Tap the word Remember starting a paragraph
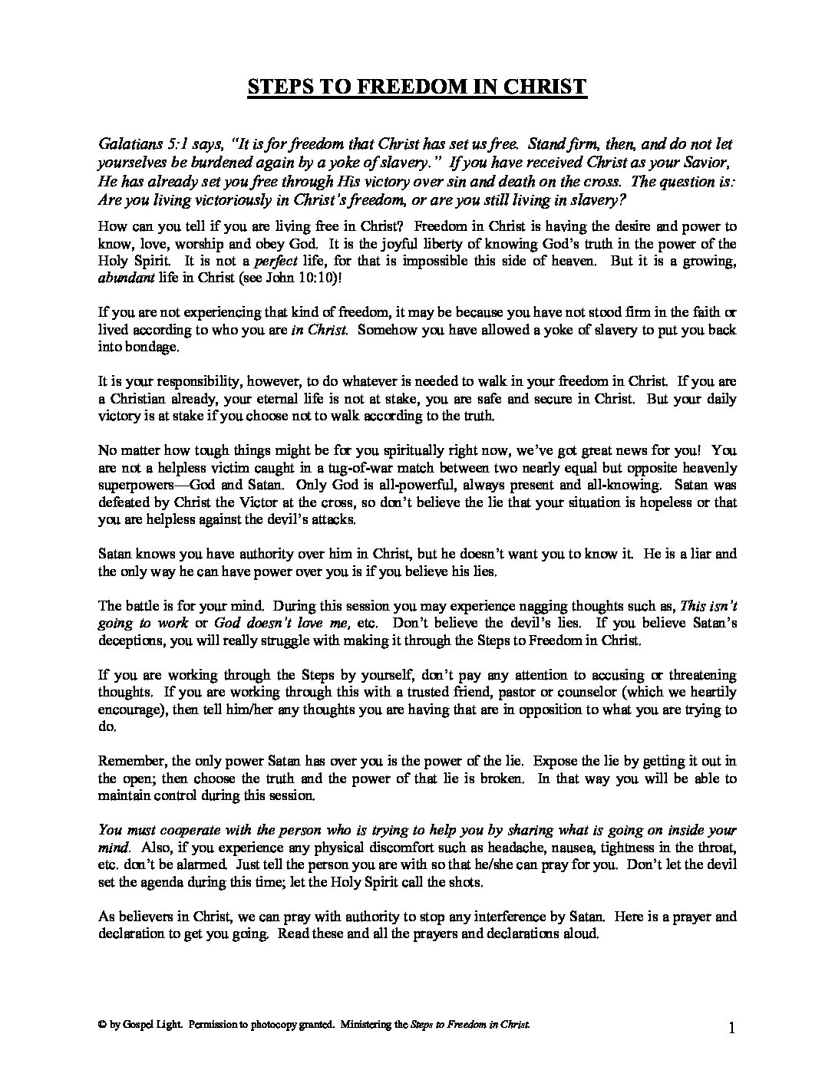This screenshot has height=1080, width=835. pos(127,762)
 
